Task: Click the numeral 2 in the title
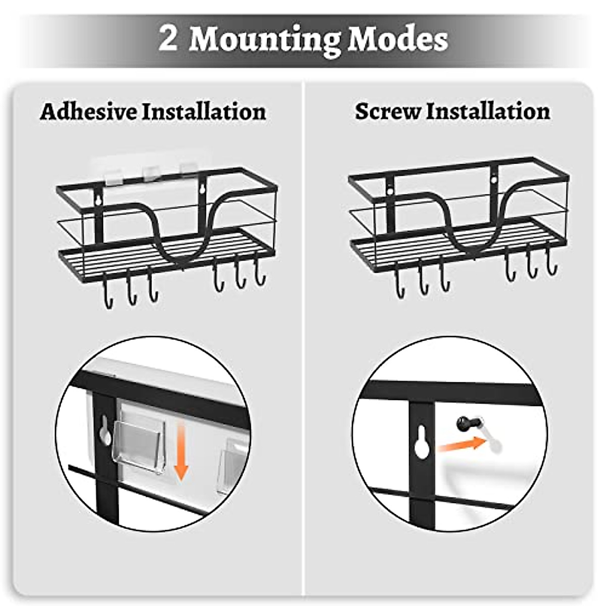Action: [x=169, y=38]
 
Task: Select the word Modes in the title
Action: [x=397, y=38]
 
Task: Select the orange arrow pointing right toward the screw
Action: [x=459, y=445]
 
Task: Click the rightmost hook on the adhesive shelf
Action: [x=260, y=275]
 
